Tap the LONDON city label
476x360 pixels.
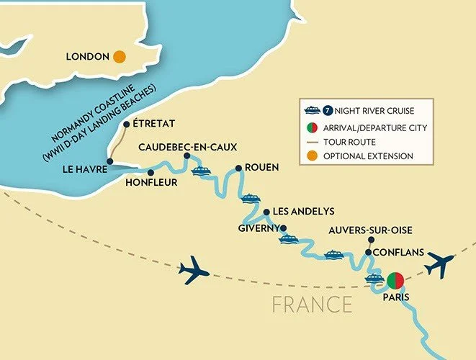click(87, 56)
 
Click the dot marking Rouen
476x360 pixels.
click(238, 168)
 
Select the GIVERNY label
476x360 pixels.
click(257, 228)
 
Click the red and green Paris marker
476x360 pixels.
click(395, 280)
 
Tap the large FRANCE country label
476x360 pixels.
click(312, 305)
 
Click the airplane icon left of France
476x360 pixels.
click(192, 271)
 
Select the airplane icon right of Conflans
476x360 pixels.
click(439, 265)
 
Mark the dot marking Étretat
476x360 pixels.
click(127, 124)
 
